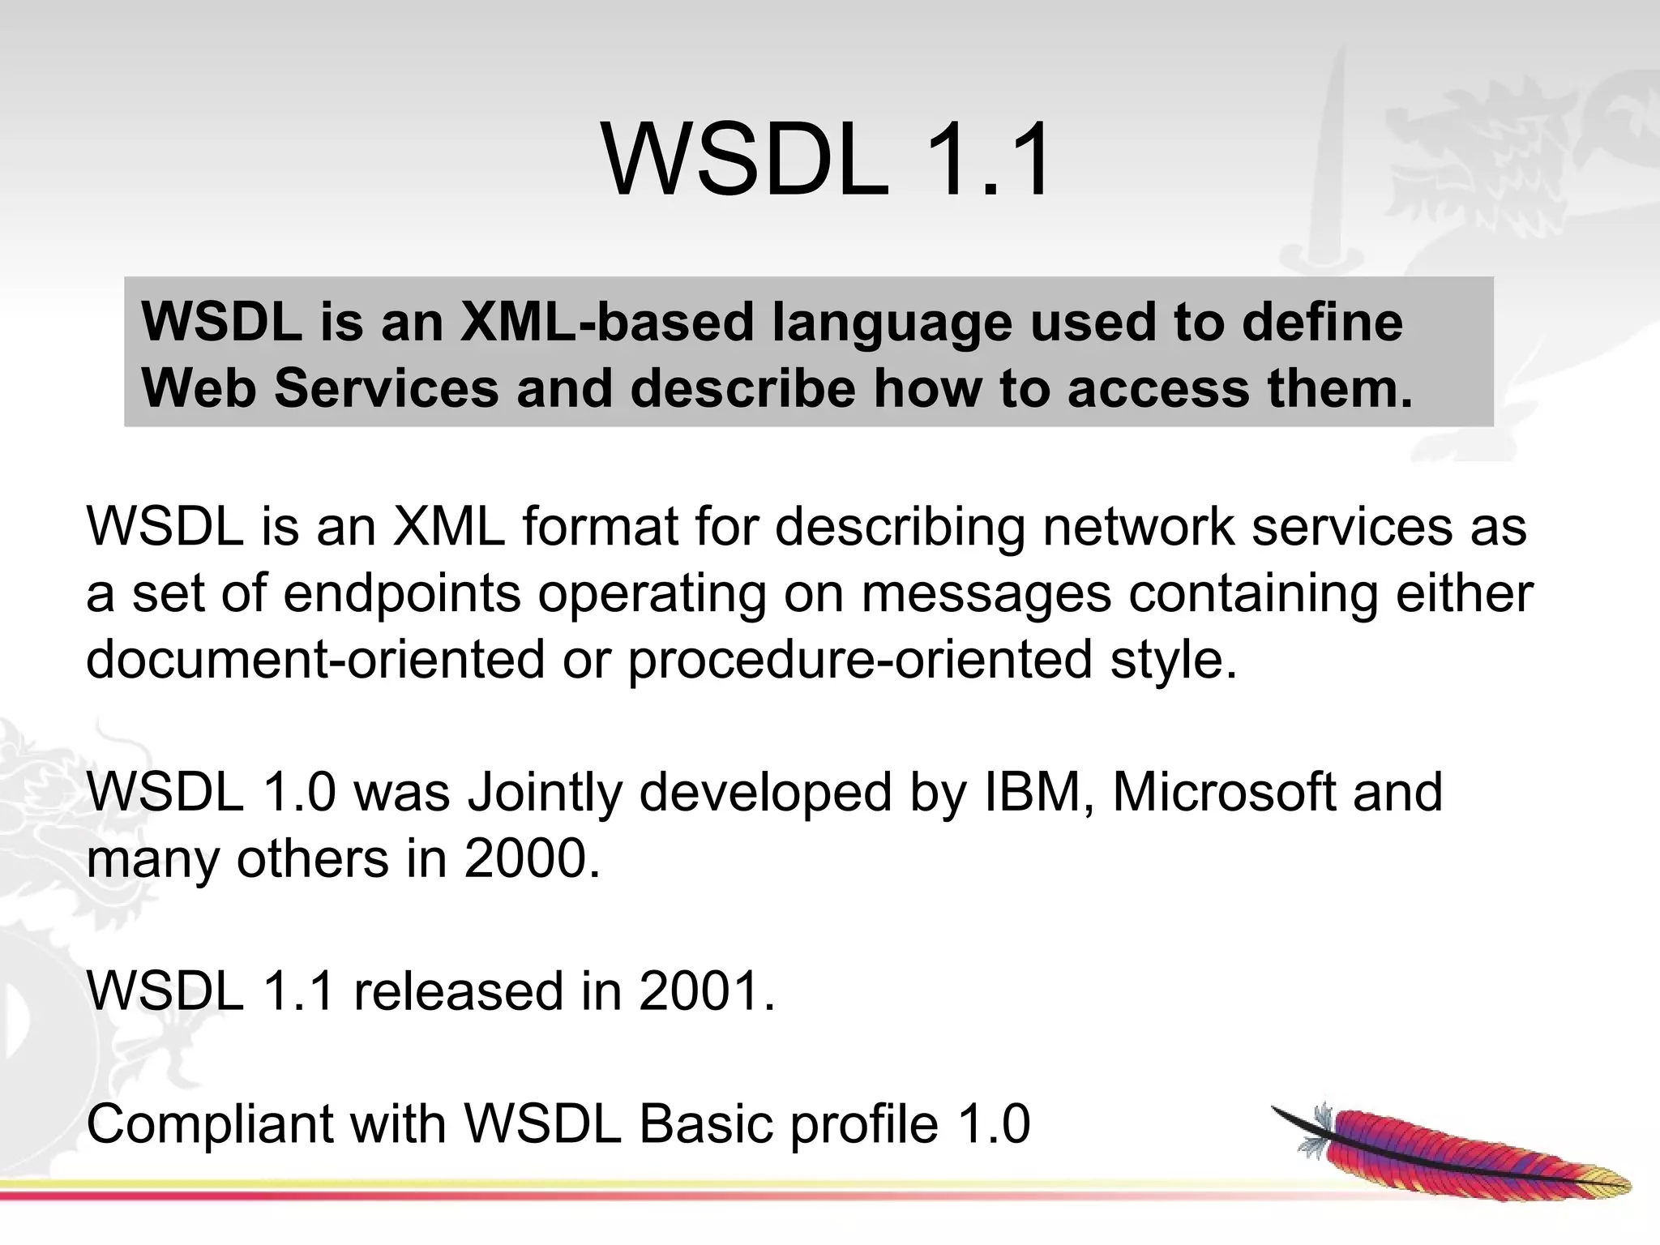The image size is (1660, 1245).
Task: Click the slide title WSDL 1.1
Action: (x=827, y=160)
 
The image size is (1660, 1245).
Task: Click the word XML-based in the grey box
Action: (x=607, y=322)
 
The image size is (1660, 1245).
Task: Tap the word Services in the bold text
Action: (x=386, y=388)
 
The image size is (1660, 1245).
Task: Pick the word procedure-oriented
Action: (x=860, y=659)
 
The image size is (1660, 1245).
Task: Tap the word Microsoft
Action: (x=1223, y=792)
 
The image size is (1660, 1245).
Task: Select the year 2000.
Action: (x=532, y=858)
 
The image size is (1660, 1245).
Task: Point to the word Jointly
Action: (x=544, y=792)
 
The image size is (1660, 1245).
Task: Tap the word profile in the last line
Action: (x=864, y=1124)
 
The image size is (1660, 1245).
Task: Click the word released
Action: (x=458, y=991)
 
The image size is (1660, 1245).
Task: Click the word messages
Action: (x=986, y=593)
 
